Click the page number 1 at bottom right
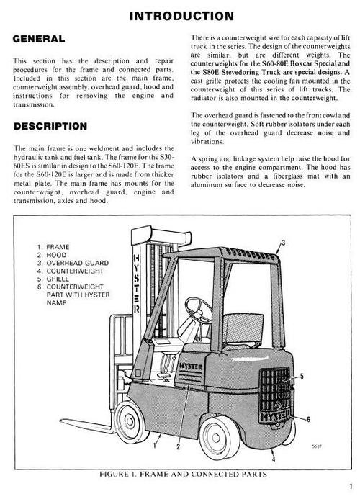pyautogui.click(x=348, y=485)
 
